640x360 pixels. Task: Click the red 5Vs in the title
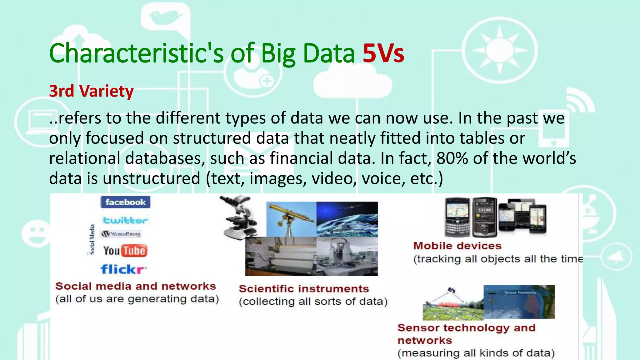(x=383, y=53)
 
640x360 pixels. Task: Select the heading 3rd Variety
(x=91, y=91)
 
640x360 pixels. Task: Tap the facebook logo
(x=125, y=202)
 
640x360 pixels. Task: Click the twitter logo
(x=125, y=220)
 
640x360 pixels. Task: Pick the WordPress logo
(x=121, y=234)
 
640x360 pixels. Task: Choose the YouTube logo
(x=125, y=251)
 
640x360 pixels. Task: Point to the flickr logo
(x=123, y=269)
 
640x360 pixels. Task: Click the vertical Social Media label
(x=92, y=239)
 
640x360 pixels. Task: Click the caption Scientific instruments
(x=304, y=289)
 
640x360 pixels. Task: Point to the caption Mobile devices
(x=457, y=246)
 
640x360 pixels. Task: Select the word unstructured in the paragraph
(x=151, y=178)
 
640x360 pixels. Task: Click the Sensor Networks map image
(x=519, y=302)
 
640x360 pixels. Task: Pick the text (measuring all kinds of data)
(x=476, y=353)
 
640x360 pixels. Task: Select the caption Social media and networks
(x=136, y=286)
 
